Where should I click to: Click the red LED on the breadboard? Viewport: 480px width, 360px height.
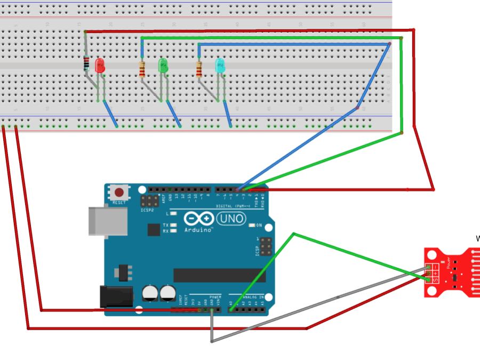[100, 66]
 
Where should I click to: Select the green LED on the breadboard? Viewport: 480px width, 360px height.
[164, 66]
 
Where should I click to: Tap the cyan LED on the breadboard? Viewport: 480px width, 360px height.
[220, 66]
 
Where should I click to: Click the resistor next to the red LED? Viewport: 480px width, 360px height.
[86, 65]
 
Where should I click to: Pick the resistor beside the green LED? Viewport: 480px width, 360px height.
[142, 69]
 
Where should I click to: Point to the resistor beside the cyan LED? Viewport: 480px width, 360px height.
[199, 69]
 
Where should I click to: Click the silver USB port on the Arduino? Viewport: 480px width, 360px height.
[107, 221]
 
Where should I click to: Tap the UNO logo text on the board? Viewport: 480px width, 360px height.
[231, 218]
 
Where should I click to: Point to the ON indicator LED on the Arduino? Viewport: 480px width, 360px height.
[252, 225]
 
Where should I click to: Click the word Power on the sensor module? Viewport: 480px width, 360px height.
[449, 263]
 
